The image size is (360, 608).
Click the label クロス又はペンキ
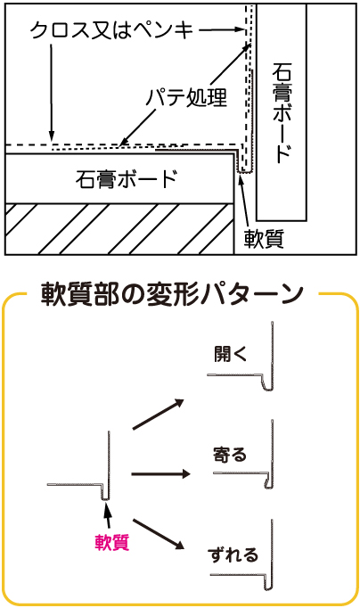[x=111, y=30]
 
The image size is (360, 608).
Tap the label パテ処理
[x=186, y=97]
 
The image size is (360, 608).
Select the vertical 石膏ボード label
[x=282, y=113]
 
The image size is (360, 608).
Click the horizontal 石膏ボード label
[x=127, y=179]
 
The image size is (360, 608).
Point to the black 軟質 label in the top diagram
[x=264, y=238]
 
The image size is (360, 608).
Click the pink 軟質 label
[x=112, y=542]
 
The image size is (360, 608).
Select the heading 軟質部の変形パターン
[x=172, y=294]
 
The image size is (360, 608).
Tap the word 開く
[x=231, y=354]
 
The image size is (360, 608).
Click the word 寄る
[x=230, y=454]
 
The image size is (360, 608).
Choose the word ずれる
[x=233, y=555]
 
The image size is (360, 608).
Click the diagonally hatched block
[x=119, y=229]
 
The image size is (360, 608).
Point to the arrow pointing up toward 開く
[x=158, y=415]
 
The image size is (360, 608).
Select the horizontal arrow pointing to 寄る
[x=160, y=474]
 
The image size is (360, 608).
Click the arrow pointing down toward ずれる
[x=158, y=534]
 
